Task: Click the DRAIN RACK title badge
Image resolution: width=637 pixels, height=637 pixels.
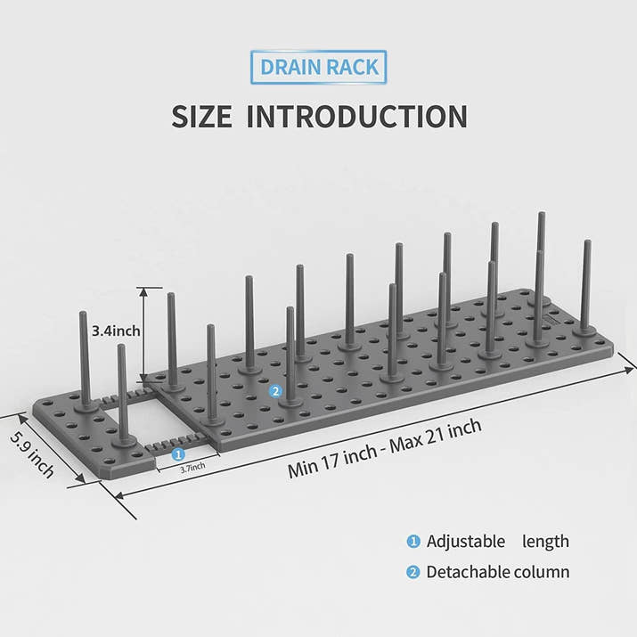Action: point(319,67)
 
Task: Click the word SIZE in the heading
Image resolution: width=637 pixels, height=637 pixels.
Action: point(202,117)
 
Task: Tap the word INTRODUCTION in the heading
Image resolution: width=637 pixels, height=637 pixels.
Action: point(357,117)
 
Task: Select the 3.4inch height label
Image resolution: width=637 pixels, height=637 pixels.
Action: point(116,331)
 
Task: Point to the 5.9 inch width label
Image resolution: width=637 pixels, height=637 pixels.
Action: point(32,454)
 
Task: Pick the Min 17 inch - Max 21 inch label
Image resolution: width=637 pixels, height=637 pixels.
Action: point(384,448)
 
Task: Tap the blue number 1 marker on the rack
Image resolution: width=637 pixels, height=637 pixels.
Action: point(178,454)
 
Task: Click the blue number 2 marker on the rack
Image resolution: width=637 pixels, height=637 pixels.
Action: point(275,391)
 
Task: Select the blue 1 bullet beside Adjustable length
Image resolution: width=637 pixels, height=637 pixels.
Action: point(413,541)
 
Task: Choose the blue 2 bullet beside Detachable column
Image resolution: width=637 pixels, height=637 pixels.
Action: point(413,572)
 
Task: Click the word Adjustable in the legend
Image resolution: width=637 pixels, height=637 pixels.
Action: point(466,542)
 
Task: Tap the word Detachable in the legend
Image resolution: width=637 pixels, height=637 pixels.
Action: point(468,572)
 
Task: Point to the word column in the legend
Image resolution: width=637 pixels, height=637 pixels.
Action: point(541,572)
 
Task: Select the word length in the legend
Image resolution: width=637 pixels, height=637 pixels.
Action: point(545,542)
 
